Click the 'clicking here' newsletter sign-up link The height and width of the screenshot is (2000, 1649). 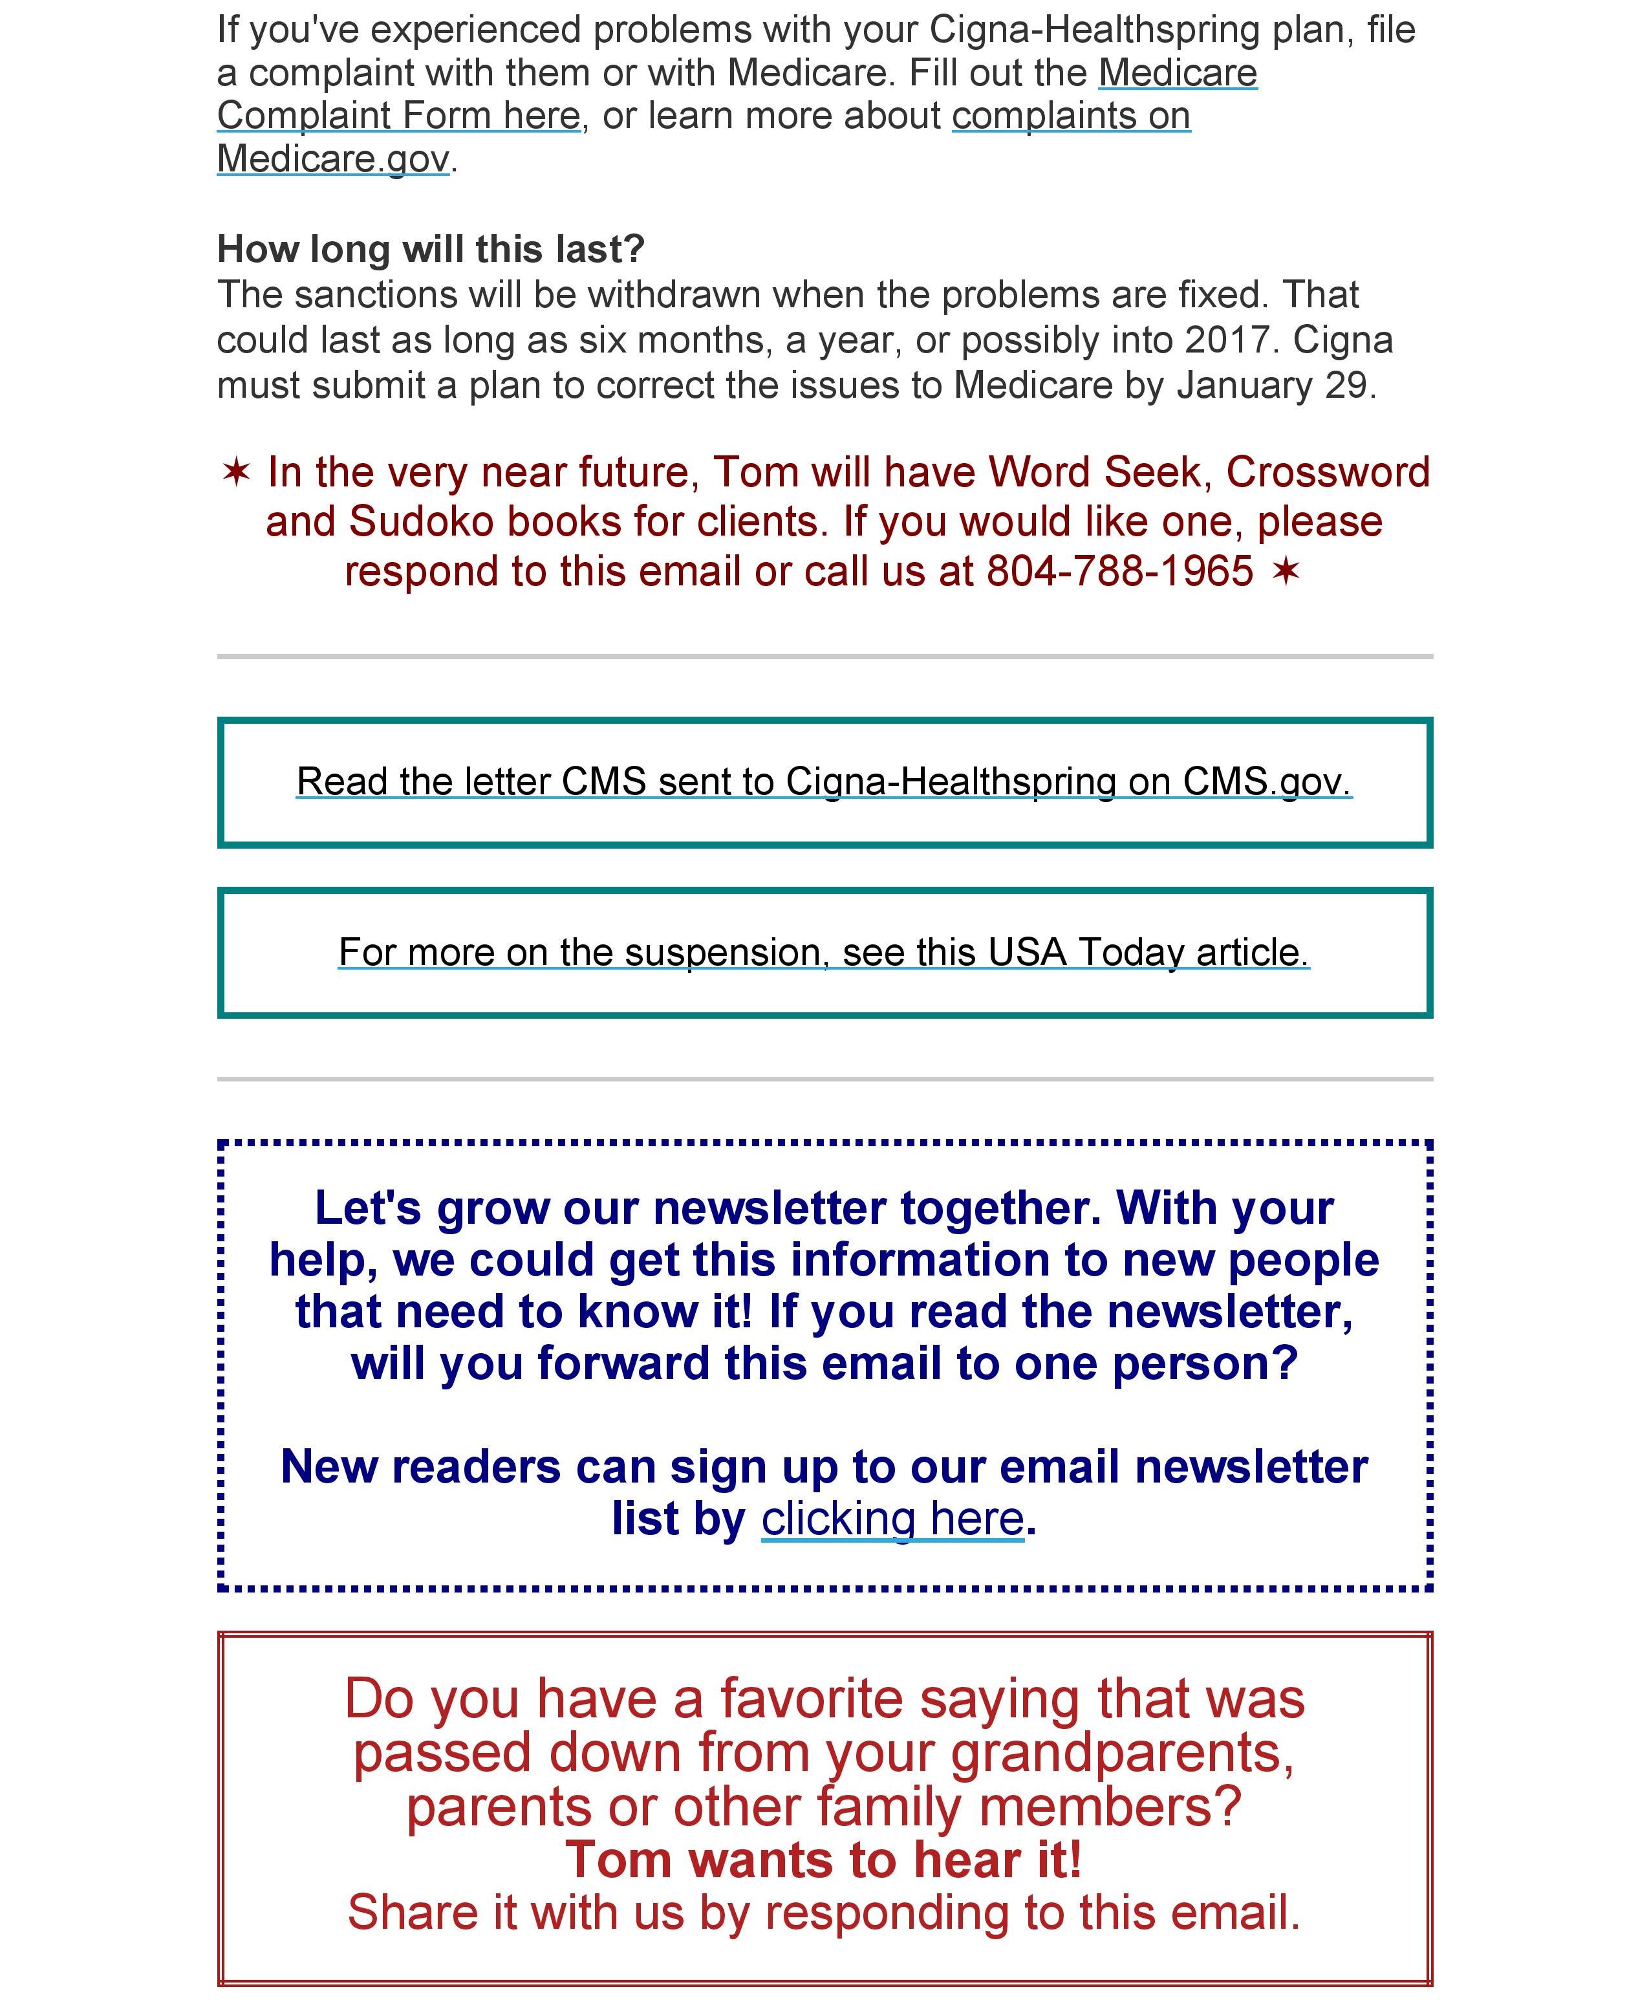(892, 1518)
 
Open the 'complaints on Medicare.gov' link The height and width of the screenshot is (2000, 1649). (1070, 116)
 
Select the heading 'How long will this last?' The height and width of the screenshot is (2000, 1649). (430, 249)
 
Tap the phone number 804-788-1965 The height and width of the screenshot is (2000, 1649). (1120, 572)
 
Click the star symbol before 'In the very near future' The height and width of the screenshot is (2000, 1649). (235, 472)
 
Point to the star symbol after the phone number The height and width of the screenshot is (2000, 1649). (1285, 572)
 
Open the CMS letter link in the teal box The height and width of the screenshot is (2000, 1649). (824, 782)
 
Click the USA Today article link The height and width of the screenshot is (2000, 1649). (824, 952)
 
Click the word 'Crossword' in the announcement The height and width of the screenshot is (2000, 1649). (1327, 472)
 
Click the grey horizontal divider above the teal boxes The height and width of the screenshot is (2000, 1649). (824, 656)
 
